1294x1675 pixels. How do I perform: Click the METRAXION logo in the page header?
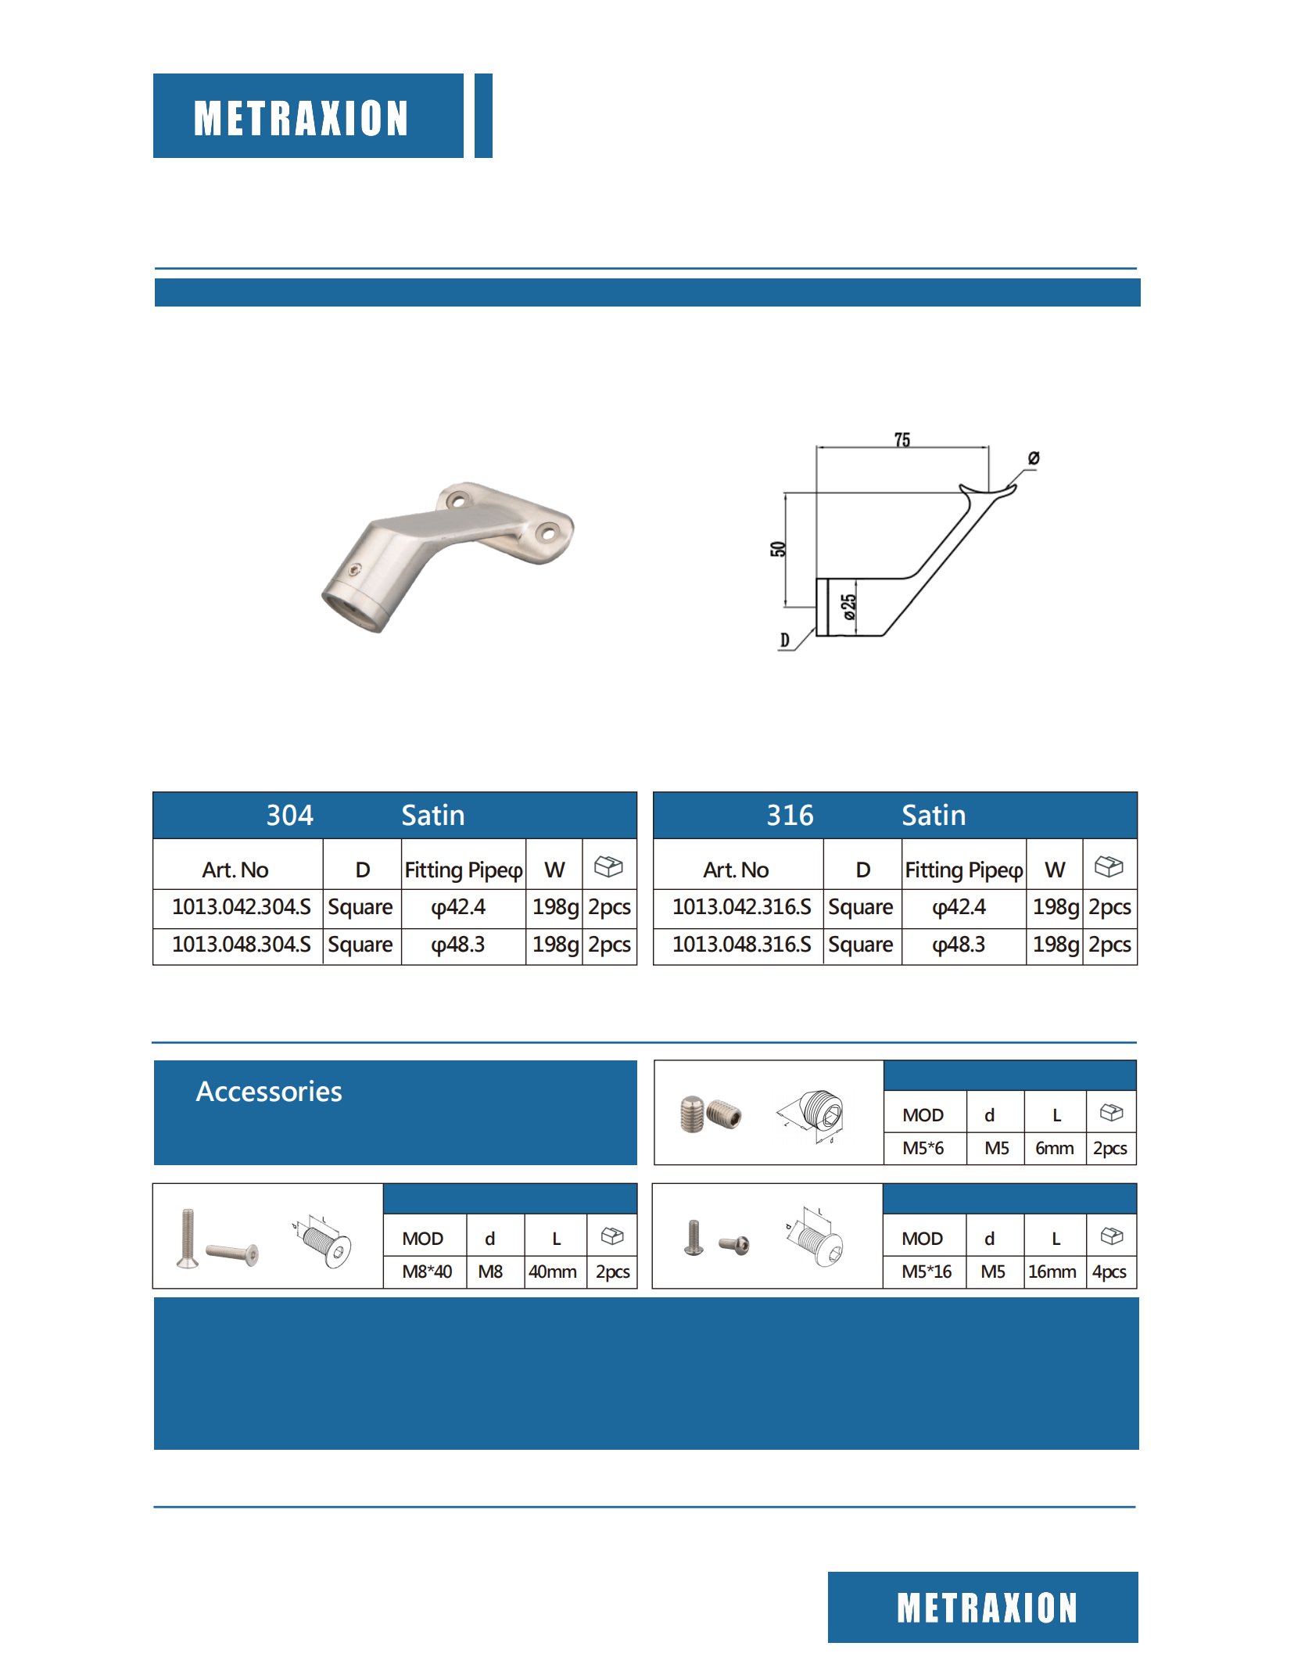tap(301, 118)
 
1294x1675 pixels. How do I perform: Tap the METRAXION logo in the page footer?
tap(987, 1608)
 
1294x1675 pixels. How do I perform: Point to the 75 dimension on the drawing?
tap(901, 440)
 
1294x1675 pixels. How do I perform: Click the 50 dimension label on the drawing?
tap(777, 549)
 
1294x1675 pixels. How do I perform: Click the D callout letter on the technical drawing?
tap(785, 640)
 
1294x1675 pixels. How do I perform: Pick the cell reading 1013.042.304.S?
tap(241, 907)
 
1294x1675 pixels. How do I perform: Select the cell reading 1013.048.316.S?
tap(741, 945)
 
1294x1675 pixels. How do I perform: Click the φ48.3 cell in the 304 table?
tap(458, 945)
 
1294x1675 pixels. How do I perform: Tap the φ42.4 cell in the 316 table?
tap(959, 907)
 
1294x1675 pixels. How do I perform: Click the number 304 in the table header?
tap(289, 816)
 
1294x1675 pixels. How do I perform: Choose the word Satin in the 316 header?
tap(934, 816)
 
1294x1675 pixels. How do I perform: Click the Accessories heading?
tap(269, 1092)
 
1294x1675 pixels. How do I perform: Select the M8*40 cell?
tap(427, 1271)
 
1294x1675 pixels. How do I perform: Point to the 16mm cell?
tap(1052, 1271)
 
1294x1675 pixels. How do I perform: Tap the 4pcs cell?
tap(1109, 1271)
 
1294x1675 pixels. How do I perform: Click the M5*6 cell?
tap(923, 1148)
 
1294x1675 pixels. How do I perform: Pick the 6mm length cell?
tap(1055, 1148)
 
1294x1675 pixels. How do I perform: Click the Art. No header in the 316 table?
tap(736, 870)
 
